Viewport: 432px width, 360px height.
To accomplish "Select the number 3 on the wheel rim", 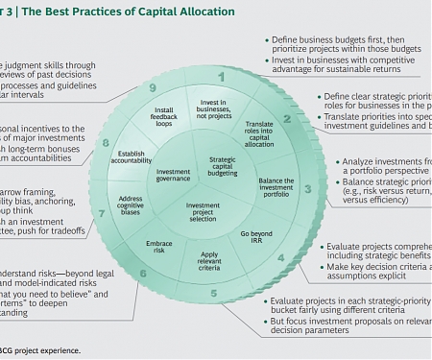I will (x=308, y=190).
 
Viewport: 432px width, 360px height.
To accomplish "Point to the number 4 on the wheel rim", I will (x=281, y=256).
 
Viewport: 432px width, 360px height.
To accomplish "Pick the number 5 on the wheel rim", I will (x=213, y=293).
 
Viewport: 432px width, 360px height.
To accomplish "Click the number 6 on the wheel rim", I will (x=143, y=273).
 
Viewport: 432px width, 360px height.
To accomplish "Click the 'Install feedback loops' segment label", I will (x=165, y=117).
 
